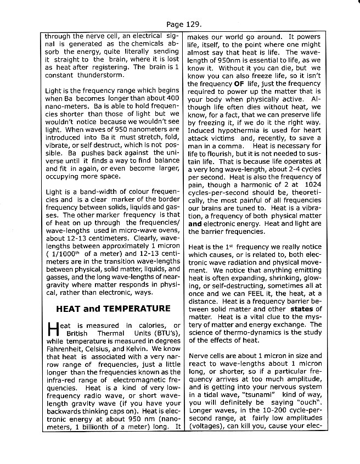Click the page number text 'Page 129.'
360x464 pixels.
183,24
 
